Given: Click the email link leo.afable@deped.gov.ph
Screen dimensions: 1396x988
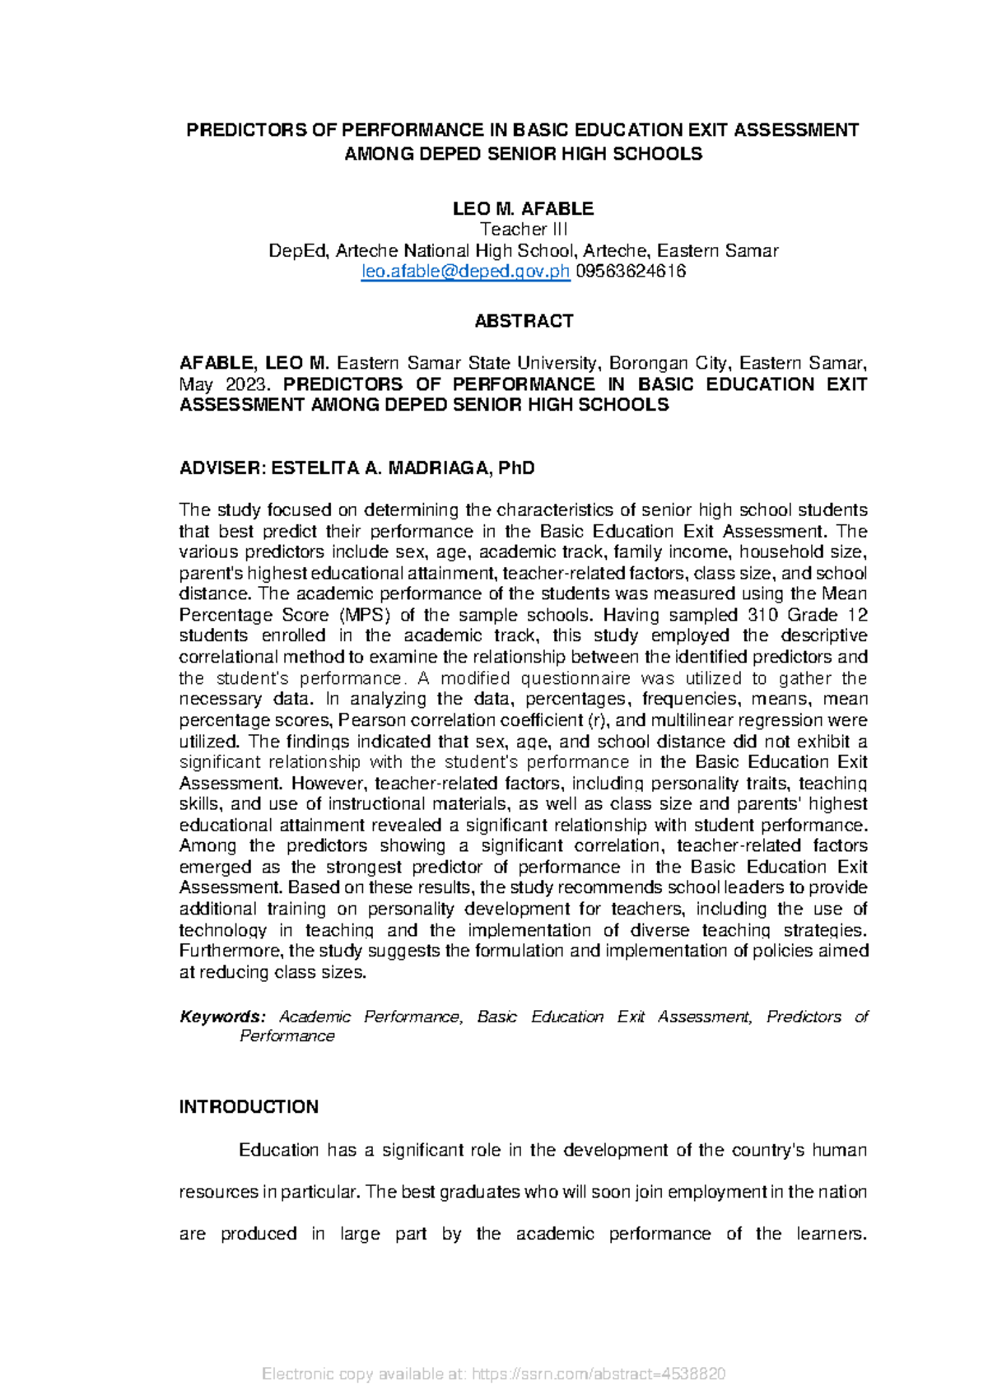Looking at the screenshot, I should click(465, 272).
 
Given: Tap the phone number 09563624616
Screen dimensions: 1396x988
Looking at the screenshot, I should click(630, 272).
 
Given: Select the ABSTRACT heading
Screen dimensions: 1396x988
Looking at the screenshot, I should click(524, 321).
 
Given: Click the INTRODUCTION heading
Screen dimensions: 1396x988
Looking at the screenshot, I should click(249, 1107).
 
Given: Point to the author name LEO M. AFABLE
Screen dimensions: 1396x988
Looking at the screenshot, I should click(523, 208).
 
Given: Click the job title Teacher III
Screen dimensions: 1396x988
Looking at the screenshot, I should click(524, 230).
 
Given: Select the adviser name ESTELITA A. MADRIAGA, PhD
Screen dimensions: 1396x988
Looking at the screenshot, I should click(403, 468).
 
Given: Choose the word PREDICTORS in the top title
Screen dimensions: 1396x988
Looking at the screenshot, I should click(239, 130).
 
